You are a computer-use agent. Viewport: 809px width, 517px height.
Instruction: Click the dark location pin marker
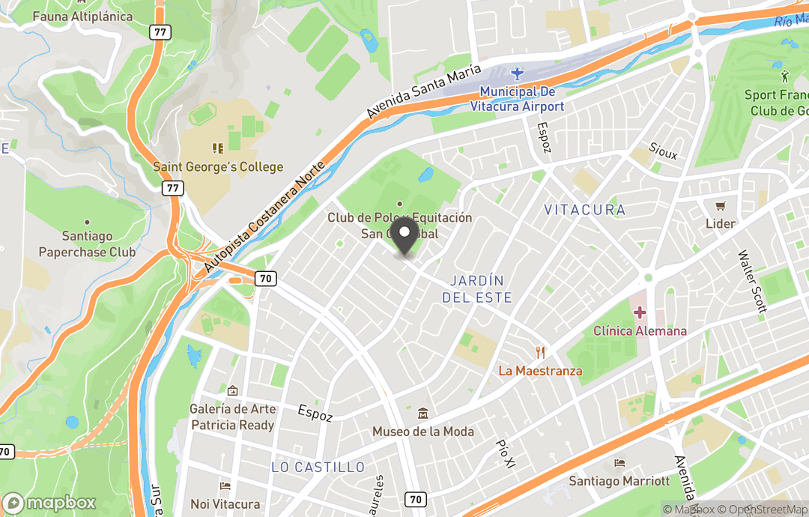point(405,238)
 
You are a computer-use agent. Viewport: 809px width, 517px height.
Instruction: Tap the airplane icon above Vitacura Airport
point(517,73)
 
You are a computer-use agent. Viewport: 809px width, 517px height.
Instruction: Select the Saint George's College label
point(218,166)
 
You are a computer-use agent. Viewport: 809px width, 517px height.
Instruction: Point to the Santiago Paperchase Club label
point(87,244)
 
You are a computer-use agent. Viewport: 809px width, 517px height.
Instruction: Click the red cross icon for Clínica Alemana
point(640,312)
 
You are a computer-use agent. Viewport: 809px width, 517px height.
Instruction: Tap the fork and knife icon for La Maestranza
point(539,352)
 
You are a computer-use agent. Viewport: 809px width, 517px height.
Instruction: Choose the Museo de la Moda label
point(423,431)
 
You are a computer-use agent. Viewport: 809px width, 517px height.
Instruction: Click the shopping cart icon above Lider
point(721,205)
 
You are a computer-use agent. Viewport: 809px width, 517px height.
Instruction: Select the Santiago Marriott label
point(619,480)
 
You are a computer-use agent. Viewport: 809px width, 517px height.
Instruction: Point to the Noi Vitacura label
point(225,504)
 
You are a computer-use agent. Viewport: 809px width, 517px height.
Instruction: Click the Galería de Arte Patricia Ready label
point(233,417)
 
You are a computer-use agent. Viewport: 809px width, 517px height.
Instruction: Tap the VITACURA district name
point(584,210)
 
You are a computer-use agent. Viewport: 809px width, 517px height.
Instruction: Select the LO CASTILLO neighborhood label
point(318,468)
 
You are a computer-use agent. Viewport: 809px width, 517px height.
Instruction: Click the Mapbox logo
point(51,503)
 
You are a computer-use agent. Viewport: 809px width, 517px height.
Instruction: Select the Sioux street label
point(663,151)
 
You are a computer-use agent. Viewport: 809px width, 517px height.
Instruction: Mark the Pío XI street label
point(506,454)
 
